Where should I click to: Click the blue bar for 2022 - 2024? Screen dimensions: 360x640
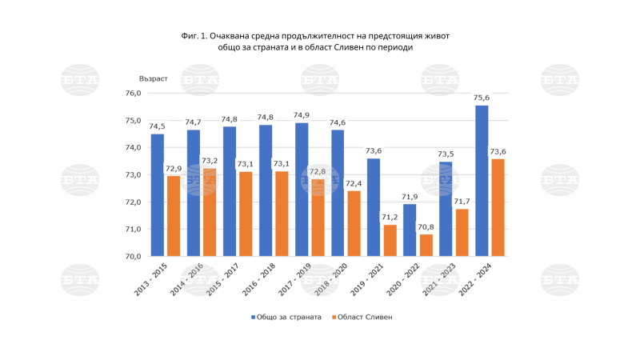[482, 181]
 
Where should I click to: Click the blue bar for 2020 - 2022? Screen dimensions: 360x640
[410, 230]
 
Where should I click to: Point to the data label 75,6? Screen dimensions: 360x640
[482, 98]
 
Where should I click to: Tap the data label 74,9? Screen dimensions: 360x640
[302, 115]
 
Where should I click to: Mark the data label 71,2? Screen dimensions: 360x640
[390, 217]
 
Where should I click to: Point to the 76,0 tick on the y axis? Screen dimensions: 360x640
[132, 94]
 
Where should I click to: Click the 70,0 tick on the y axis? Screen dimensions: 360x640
[132, 256]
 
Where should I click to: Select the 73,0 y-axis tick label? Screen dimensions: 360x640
[132, 174]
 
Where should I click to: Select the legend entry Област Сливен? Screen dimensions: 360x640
[363, 317]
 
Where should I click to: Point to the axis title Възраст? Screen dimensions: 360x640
[154, 78]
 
